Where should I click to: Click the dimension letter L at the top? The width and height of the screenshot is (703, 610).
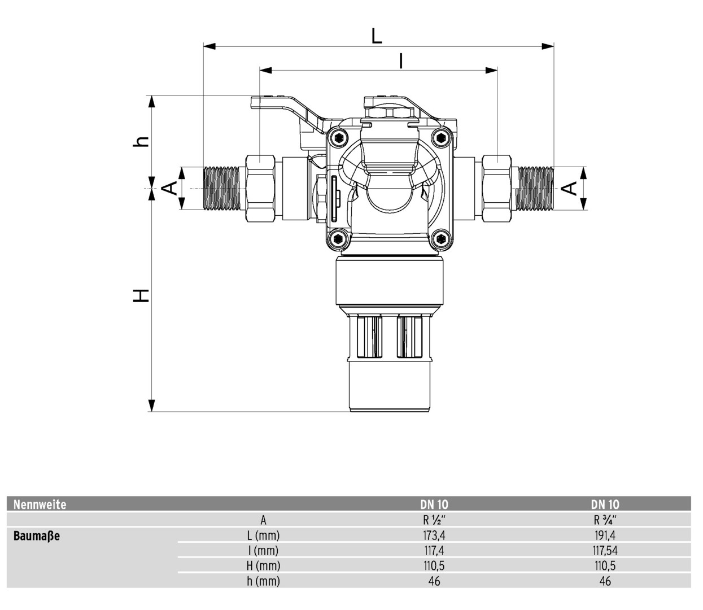pyautogui.click(x=377, y=36)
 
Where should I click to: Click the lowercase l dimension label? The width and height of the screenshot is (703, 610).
pyautogui.click(x=401, y=61)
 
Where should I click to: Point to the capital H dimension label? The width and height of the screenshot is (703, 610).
pyautogui.click(x=141, y=296)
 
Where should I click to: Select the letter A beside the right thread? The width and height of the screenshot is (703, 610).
pyautogui.click(x=569, y=188)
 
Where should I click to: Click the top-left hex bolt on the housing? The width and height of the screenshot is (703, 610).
pyautogui.click(x=339, y=138)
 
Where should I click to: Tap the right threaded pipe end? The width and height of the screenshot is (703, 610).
pyautogui.click(x=535, y=188)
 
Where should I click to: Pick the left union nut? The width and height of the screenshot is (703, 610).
pyautogui.click(x=261, y=188)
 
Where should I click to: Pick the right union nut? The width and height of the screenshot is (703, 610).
pyautogui.click(x=496, y=188)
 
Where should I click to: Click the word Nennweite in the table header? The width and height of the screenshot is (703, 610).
pyautogui.click(x=40, y=504)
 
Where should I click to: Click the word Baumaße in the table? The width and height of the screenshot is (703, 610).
pyautogui.click(x=37, y=536)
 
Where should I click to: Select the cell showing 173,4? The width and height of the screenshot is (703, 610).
pyautogui.click(x=434, y=535)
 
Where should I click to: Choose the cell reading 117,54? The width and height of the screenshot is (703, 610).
pyautogui.click(x=605, y=551)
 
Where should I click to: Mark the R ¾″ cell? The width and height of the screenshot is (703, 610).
pyautogui.click(x=605, y=520)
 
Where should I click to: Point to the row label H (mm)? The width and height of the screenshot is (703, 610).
pyautogui.click(x=263, y=566)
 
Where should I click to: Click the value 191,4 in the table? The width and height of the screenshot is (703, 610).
pyautogui.click(x=605, y=535)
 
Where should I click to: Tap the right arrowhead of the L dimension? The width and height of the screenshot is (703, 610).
pyautogui.click(x=548, y=46)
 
